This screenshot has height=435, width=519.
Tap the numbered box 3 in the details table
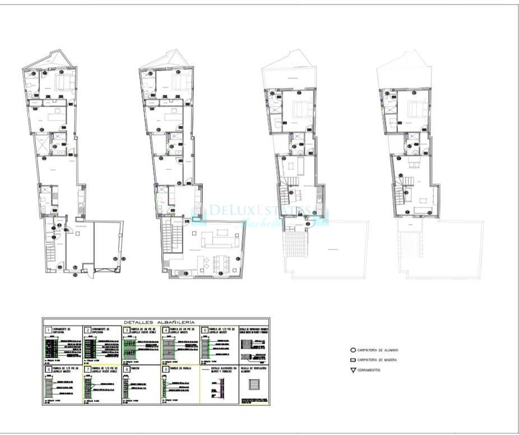(x=127, y=331)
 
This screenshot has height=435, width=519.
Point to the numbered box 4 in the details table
(x=166, y=331)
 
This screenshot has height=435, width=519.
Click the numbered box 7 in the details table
(x=87, y=369)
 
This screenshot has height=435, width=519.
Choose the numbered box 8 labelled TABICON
(x=127, y=369)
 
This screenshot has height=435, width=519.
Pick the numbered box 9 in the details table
(x=166, y=369)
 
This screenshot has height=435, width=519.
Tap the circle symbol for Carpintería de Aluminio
(x=353, y=350)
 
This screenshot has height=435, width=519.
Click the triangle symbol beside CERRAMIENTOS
(x=353, y=370)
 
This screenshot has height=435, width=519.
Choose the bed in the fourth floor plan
(x=417, y=108)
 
